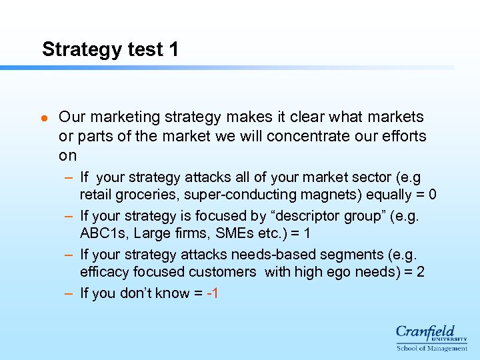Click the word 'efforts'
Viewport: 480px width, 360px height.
click(x=403, y=136)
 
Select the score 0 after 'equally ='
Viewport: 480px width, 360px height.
click(x=433, y=195)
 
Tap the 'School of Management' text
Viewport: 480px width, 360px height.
click(x=431, y=348)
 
